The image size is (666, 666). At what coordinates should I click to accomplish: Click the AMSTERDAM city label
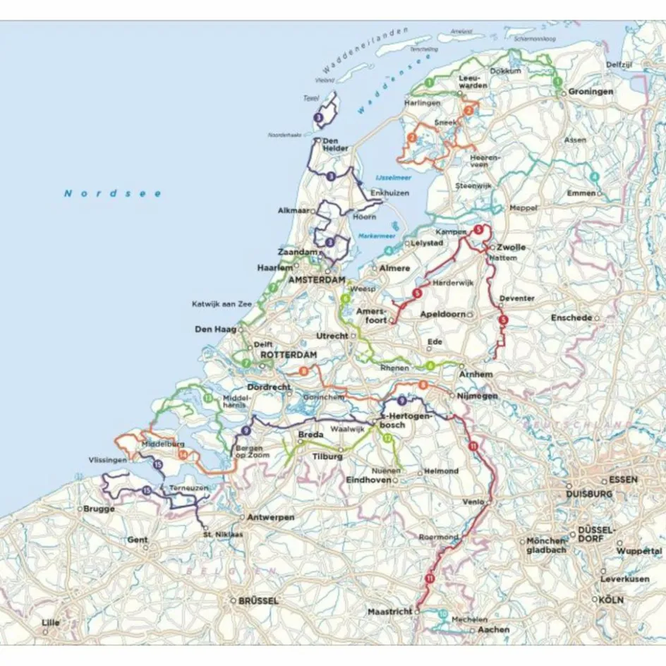coord(313,280)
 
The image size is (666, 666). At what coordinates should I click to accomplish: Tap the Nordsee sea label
coord(113,193)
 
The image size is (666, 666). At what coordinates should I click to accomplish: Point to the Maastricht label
coord(389,612)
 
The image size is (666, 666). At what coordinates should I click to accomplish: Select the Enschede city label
coord(571,318)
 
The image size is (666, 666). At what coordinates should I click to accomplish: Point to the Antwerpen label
coord(270,517)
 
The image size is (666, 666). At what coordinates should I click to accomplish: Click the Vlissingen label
coord(108,459)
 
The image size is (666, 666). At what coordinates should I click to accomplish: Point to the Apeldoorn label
coord(442,313)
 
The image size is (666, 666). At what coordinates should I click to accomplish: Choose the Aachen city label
coord(493,629)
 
